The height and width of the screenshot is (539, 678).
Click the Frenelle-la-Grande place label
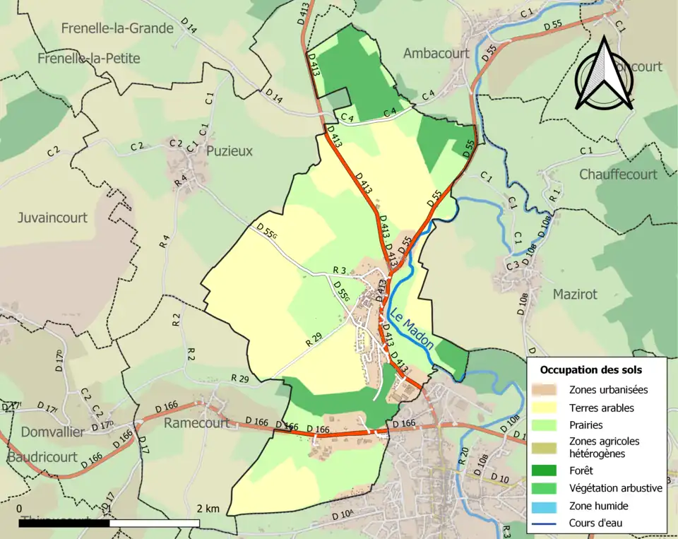[x=117, y=28]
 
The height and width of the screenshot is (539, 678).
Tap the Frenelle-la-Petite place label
[x=89, y=58]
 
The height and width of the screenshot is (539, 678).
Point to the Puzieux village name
[x=229, y=151]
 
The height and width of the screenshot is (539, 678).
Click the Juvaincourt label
[x=52, y=218]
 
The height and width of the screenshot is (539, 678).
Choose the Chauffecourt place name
[x=618, y=174]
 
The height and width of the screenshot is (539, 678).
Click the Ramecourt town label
[x=196, y=423]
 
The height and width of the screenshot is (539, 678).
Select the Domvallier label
[x=44, y=432]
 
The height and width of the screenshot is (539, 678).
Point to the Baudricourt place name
[x=42, y=457]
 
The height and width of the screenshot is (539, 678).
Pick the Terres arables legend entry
[x=601, y=408]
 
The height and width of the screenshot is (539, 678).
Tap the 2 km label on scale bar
[x=208, y=509]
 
